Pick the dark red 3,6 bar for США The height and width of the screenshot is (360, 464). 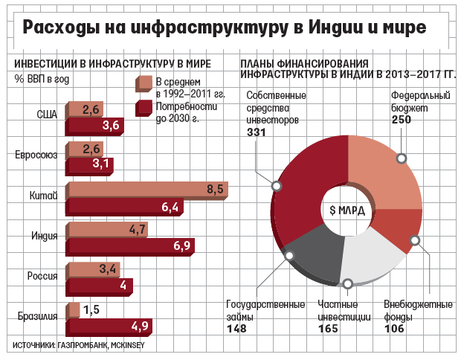click(x=95, y=126)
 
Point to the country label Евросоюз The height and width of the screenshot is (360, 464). click(x=36, y=155)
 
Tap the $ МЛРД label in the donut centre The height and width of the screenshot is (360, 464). click(x=347, y=210)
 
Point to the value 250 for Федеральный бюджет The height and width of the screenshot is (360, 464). click(x=402, y=120)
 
